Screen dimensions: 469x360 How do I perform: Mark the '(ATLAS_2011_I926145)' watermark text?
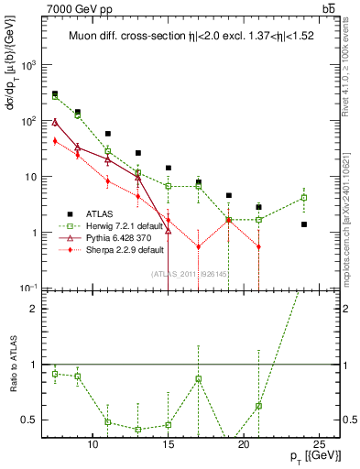(189, 273)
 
